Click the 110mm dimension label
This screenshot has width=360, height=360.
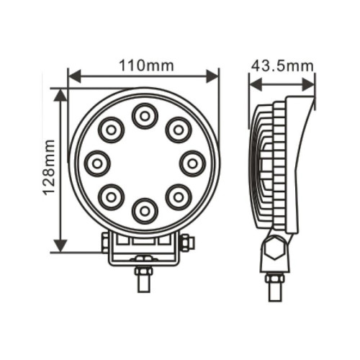146,66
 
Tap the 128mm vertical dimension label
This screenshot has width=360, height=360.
49,167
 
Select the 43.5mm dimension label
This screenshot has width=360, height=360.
282,66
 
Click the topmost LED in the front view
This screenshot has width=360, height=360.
145,116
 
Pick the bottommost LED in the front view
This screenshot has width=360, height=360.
145,211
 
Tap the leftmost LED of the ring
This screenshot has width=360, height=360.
97,163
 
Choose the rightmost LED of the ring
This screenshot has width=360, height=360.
192,163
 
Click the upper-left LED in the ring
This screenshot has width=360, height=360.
111,130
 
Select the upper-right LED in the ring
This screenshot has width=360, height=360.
179,130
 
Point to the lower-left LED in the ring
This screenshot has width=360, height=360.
111,197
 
